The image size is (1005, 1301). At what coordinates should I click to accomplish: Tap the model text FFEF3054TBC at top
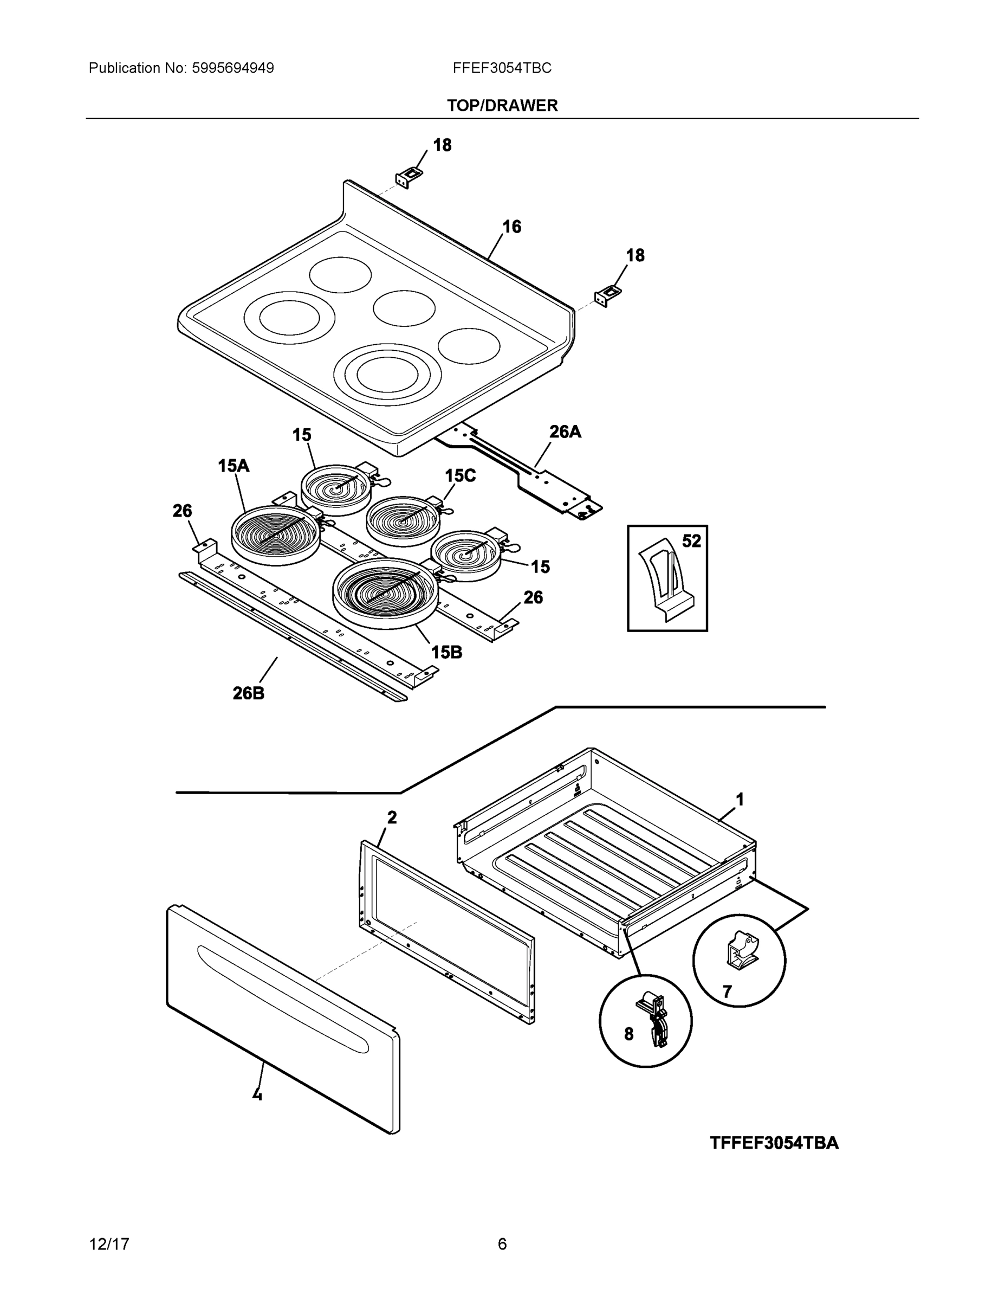pos(501,68)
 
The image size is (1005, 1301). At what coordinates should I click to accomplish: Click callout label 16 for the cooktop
pos(511,227)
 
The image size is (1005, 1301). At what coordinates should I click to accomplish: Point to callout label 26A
pos(565,432)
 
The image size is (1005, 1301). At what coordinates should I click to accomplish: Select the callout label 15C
pos(460,475)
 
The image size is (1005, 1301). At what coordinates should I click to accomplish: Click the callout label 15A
pos(234,466)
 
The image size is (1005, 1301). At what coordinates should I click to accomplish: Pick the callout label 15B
pos(446,652)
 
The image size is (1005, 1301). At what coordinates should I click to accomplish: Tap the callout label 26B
pos(248,693)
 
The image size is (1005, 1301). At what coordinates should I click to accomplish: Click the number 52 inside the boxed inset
pos(691,541)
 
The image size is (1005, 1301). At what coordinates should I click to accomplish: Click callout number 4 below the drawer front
pos(257,1094)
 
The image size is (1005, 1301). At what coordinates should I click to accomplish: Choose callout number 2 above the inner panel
pos(392,818)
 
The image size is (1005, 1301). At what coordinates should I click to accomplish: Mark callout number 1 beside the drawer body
pos(740,800)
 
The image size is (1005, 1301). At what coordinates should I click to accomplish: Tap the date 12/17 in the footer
pos(109,1244)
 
